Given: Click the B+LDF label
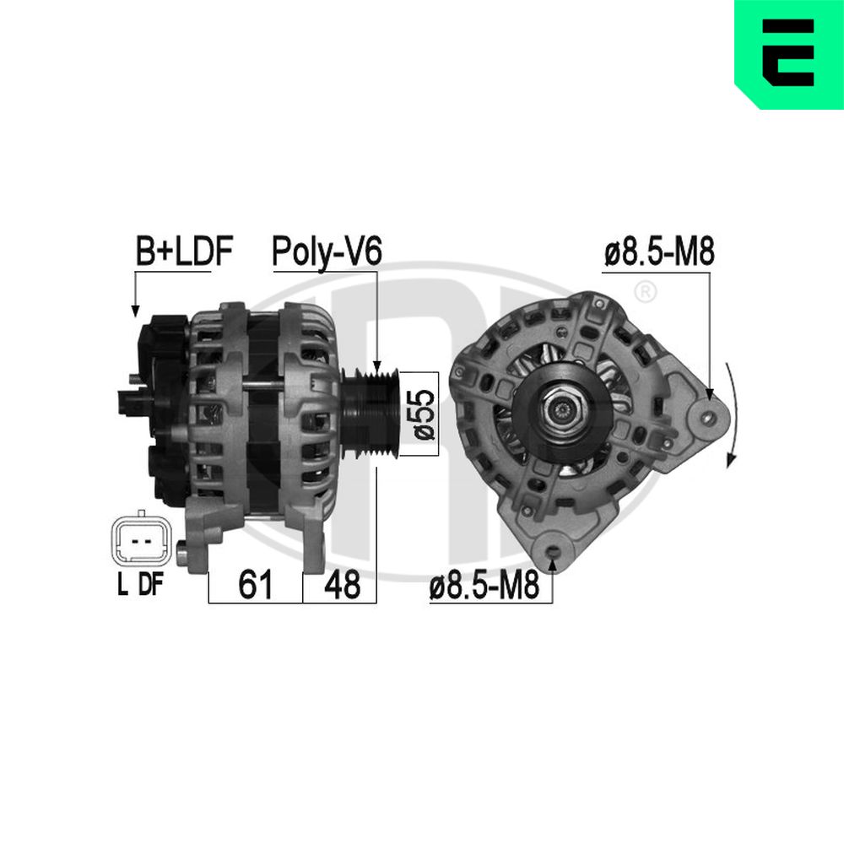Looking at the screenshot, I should click(184, 252).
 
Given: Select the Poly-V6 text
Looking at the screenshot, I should click(327, 252).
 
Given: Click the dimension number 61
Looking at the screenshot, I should click(255, 584).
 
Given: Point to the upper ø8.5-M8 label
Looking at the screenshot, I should click(659, 252).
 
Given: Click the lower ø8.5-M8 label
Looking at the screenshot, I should click(484, 586).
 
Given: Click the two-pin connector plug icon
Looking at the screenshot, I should click(140, 539).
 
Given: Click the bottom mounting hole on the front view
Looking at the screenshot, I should click(553, 553).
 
